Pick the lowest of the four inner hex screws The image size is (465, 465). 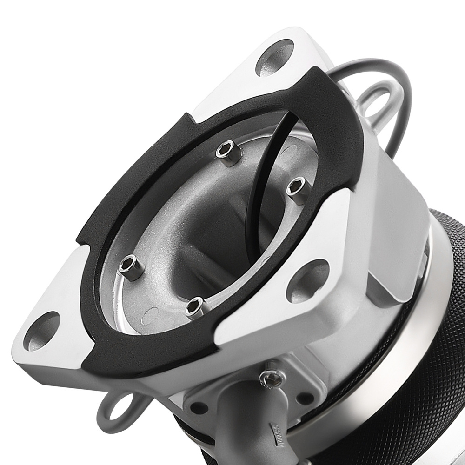coord(195,306)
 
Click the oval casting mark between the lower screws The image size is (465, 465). coord(153,316)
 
